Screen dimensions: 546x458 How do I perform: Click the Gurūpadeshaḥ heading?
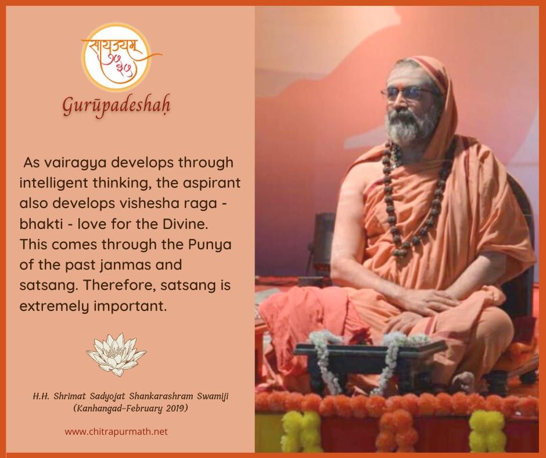point(116,106)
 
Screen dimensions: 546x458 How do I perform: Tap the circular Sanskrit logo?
point(117,58)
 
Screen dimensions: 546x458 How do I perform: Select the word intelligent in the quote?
point(53,183)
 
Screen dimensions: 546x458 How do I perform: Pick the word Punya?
point(210,245)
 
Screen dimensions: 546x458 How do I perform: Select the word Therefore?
point(118,285)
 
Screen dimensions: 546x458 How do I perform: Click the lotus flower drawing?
point(116,355)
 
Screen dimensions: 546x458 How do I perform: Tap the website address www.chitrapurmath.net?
point(116,431)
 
